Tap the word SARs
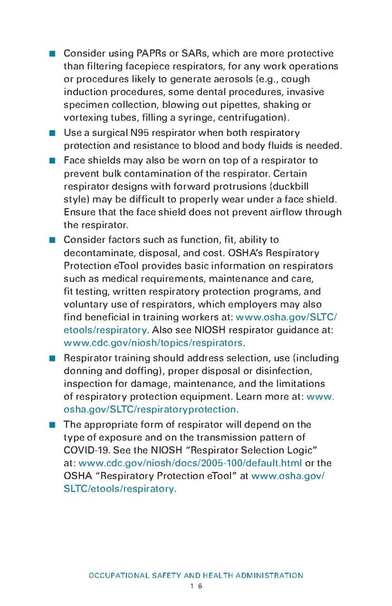coord(195,53)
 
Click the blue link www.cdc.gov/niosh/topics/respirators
coord(154,343)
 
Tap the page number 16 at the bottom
coord(195,586)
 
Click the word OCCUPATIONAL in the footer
coord(120,575)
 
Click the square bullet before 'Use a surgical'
coord(52,134)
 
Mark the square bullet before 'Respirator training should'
coord(52,358)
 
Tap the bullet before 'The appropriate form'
coord(52,426)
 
